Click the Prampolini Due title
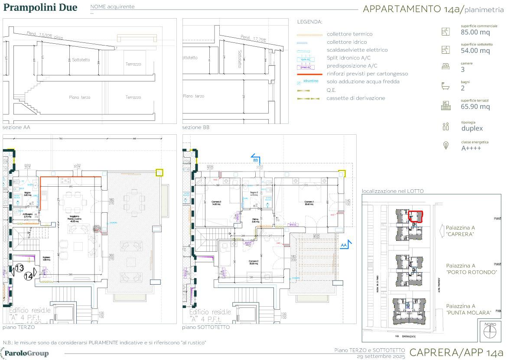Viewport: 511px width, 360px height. point(40,8)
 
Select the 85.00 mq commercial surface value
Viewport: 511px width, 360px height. point(475,32)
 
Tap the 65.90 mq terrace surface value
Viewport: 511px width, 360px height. point(475,107)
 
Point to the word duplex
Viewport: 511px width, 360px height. point(472,128)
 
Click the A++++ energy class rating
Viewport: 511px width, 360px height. point(471,148)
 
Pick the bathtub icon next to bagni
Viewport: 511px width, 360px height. point(445,85)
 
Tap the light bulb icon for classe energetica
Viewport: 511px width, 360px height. point(445,146)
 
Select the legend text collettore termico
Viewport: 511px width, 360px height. point(349,34)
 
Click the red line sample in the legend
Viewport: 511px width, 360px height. point(309,74)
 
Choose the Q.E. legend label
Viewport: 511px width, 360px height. point(331,90)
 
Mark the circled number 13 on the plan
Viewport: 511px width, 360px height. point(19,268)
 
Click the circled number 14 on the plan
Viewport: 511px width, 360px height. point(29,275)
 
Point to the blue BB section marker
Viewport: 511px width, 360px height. point(255,159)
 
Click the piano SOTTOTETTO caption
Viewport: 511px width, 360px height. point(206,327)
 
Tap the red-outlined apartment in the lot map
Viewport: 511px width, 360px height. point(416,215)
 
